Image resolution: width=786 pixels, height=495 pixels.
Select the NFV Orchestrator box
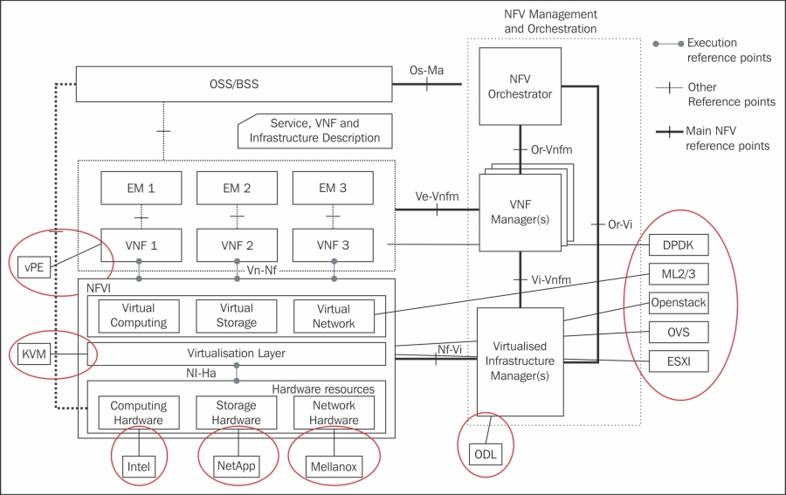(x=520, y=86)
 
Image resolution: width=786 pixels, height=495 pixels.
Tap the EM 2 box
(x=237, y=188)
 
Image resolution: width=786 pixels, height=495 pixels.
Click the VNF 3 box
(x=333, y=245)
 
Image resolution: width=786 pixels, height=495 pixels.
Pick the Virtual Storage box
(x=237, y=315)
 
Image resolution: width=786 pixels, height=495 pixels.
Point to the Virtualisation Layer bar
(x=236, y=354)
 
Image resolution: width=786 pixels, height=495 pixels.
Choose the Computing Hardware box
(x=138, y=412)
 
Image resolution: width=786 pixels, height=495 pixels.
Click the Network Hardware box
(x=333, y=412)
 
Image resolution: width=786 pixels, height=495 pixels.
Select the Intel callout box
(x=139, y=466)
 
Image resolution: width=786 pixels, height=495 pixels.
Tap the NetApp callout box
(x=236, y=465)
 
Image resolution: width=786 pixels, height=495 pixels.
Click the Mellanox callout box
(x=333, y=466)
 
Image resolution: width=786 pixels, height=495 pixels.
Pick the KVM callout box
(x=35, y=354)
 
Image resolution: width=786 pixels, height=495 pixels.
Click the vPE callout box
(x=35, y=265)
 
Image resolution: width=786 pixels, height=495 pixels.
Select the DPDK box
(x=678, y=246)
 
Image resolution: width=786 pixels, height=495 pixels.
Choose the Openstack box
(x=678, y=303)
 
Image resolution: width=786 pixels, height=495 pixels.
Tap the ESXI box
(x=678, y=360)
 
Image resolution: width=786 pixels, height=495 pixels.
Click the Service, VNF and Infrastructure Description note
(x=314, y=131)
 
